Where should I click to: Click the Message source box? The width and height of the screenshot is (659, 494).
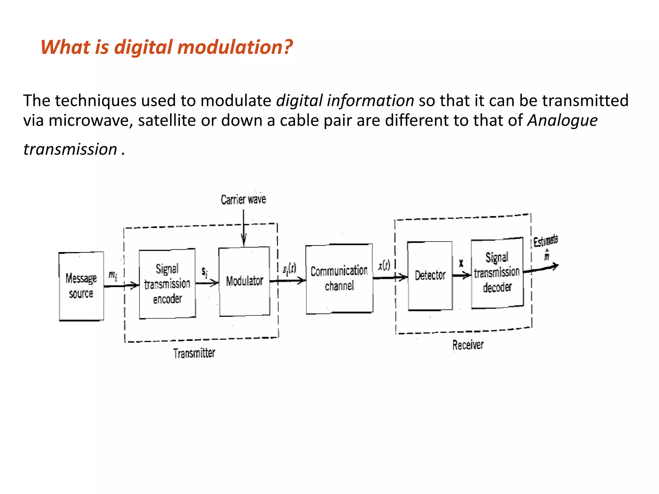point(81,286)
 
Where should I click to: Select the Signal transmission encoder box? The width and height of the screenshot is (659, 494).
point(167,284)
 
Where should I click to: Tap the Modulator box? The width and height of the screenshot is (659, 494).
point(244,281)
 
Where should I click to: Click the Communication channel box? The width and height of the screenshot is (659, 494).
point(339,278)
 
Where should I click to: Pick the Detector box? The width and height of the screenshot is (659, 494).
point(430,276)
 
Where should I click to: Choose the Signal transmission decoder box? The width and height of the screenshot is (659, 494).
point(497,273)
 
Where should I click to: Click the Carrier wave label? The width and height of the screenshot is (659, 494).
point(243,200)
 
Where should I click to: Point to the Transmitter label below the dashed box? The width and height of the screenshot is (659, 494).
point(194,353)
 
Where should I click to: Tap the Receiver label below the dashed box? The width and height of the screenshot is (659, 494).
point(468,345)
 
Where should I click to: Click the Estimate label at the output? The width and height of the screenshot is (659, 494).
point(545,241)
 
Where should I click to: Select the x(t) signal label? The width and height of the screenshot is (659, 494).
point(384,265)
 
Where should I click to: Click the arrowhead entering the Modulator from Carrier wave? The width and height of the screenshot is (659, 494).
point(244,240)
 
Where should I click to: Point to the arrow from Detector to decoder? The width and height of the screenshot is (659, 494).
point(461,275)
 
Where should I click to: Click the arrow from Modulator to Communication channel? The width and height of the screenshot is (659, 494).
point(288,281)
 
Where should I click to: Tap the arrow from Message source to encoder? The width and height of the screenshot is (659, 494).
point(121,285)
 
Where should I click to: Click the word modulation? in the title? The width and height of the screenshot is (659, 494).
point(235,47)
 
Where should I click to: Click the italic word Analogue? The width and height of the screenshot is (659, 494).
point(562,121)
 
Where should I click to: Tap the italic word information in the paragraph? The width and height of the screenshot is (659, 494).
point(370,101)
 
